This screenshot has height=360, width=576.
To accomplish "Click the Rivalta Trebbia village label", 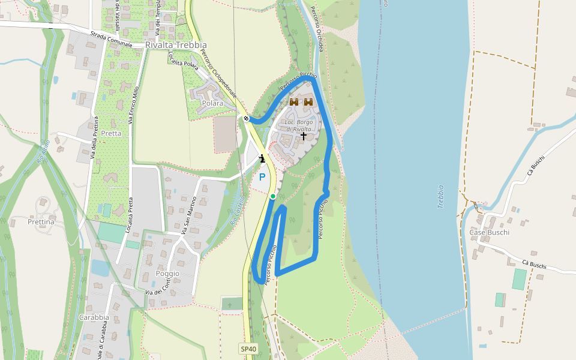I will coord(176,46).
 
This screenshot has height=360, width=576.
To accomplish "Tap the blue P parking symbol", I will coord(262,177).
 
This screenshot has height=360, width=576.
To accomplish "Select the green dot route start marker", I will coord(272,196).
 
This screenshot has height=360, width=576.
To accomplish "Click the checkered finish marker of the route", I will coord(247,118).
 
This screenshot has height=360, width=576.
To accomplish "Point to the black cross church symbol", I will coord(304,136).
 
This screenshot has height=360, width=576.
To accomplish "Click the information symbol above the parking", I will coord(262,158).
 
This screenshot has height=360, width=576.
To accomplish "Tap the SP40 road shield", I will coord(248,349).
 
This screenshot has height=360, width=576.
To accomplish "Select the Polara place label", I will coord(212,103).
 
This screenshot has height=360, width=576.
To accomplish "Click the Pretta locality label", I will coord(111,133).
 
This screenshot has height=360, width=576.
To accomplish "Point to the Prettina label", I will coord(41,222).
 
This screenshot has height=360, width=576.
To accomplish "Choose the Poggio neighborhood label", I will coord(167,274).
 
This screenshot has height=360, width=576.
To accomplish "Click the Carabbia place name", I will coord(94,317).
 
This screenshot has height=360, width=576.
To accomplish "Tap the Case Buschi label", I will coord(489,232).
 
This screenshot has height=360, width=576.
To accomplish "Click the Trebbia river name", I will coord(441,196).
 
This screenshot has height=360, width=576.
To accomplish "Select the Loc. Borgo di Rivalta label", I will coord(298,125).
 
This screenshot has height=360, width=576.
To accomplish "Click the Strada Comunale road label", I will coord(113,39).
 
